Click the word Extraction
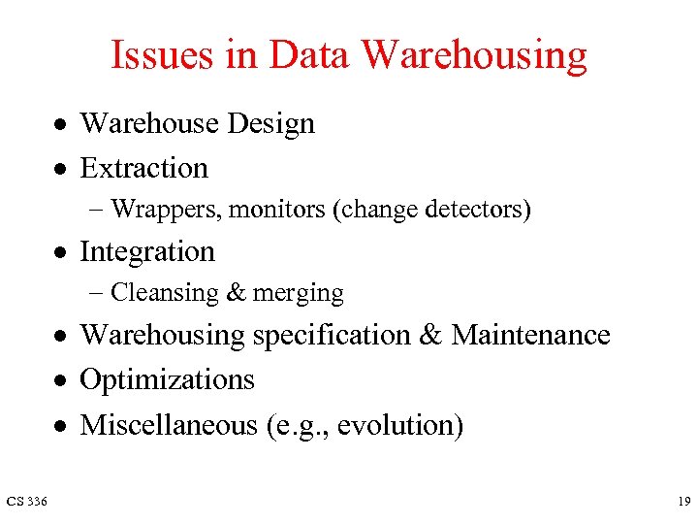tap(143, 168)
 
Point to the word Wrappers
tap(168, 210)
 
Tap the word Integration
tap(146, 252)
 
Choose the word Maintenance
tap(530, 336)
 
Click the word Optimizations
tap(167, 380)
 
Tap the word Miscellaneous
tap(169, 425)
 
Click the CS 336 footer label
tap(27, 501)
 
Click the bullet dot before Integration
tap(60, 252)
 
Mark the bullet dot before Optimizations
tap(60, 380)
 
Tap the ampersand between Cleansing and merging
tap(237, 293)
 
